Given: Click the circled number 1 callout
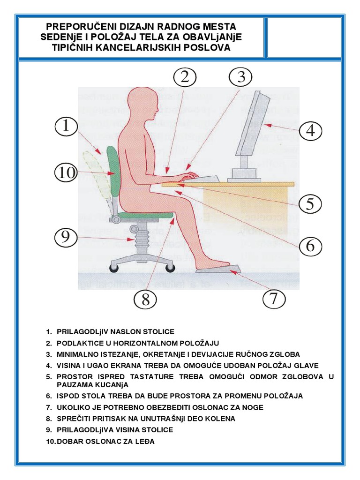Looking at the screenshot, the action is [66, 126].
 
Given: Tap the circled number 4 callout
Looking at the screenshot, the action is [310, 131].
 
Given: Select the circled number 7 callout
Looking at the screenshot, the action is [274, 298].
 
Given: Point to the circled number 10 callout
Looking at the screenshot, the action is [66, 172].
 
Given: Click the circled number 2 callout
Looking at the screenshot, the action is [185, 77].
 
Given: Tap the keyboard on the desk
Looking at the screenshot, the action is [202, 179].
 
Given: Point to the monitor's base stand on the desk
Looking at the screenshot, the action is [244, 174].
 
